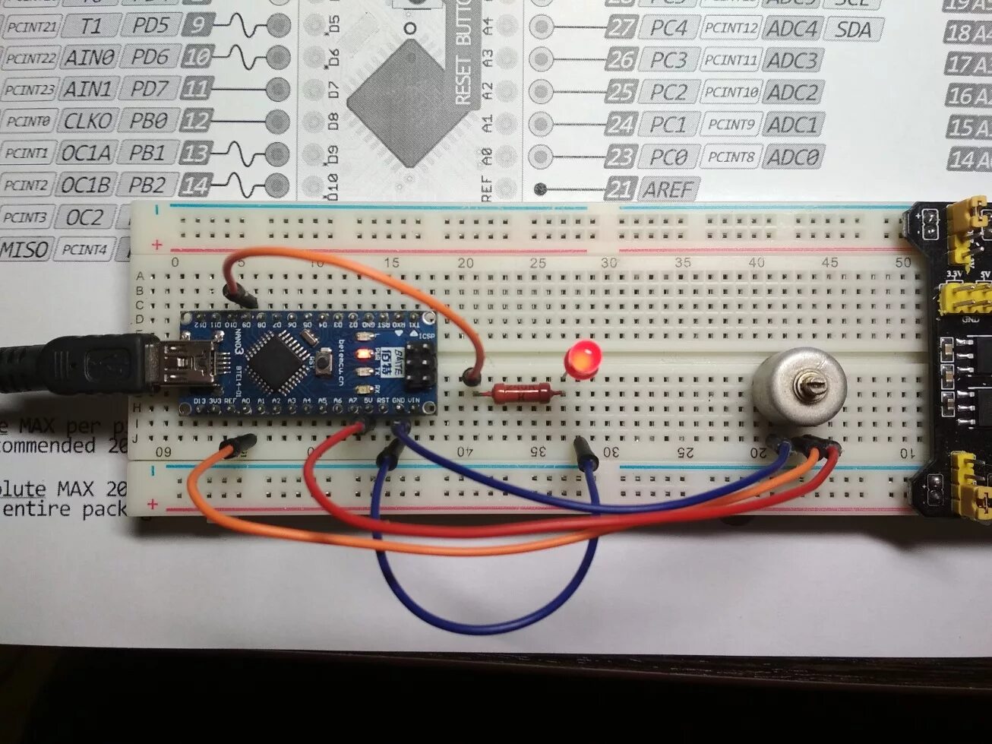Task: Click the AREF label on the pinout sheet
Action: tap(669, 189)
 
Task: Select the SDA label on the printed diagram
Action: tap(853, 30)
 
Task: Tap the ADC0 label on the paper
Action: tap(792, 157)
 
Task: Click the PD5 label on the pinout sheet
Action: tap(150, 26)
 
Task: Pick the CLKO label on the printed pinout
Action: tap(87, 121)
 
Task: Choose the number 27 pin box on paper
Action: tap(621, 28)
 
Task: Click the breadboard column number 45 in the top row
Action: tap(829, 262)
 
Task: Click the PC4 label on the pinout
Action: tap(668, 29)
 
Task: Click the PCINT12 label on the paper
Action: tap(731, 29)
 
